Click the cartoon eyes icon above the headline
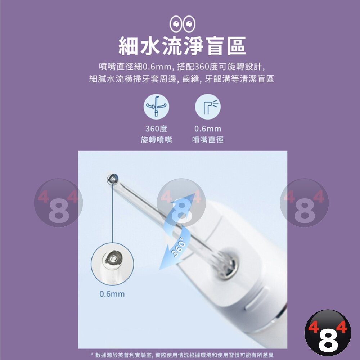(182, 24)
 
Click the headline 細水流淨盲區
(182, 46)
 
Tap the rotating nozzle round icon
(156, 107)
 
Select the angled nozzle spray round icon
(208, 107)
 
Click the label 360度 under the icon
(156, 129)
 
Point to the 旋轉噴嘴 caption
(156, 140)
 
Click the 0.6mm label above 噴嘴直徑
(208, 129)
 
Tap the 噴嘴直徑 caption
(208, 140)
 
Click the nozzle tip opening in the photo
(113, 179)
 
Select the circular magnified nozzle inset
(112, 264)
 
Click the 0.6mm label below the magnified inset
(112, 294)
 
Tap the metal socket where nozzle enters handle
(227, 264)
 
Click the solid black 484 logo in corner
(328, 333)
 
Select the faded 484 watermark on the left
(58, 203)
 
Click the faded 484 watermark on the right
(304, 203)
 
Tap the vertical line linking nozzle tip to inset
(113, 213)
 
